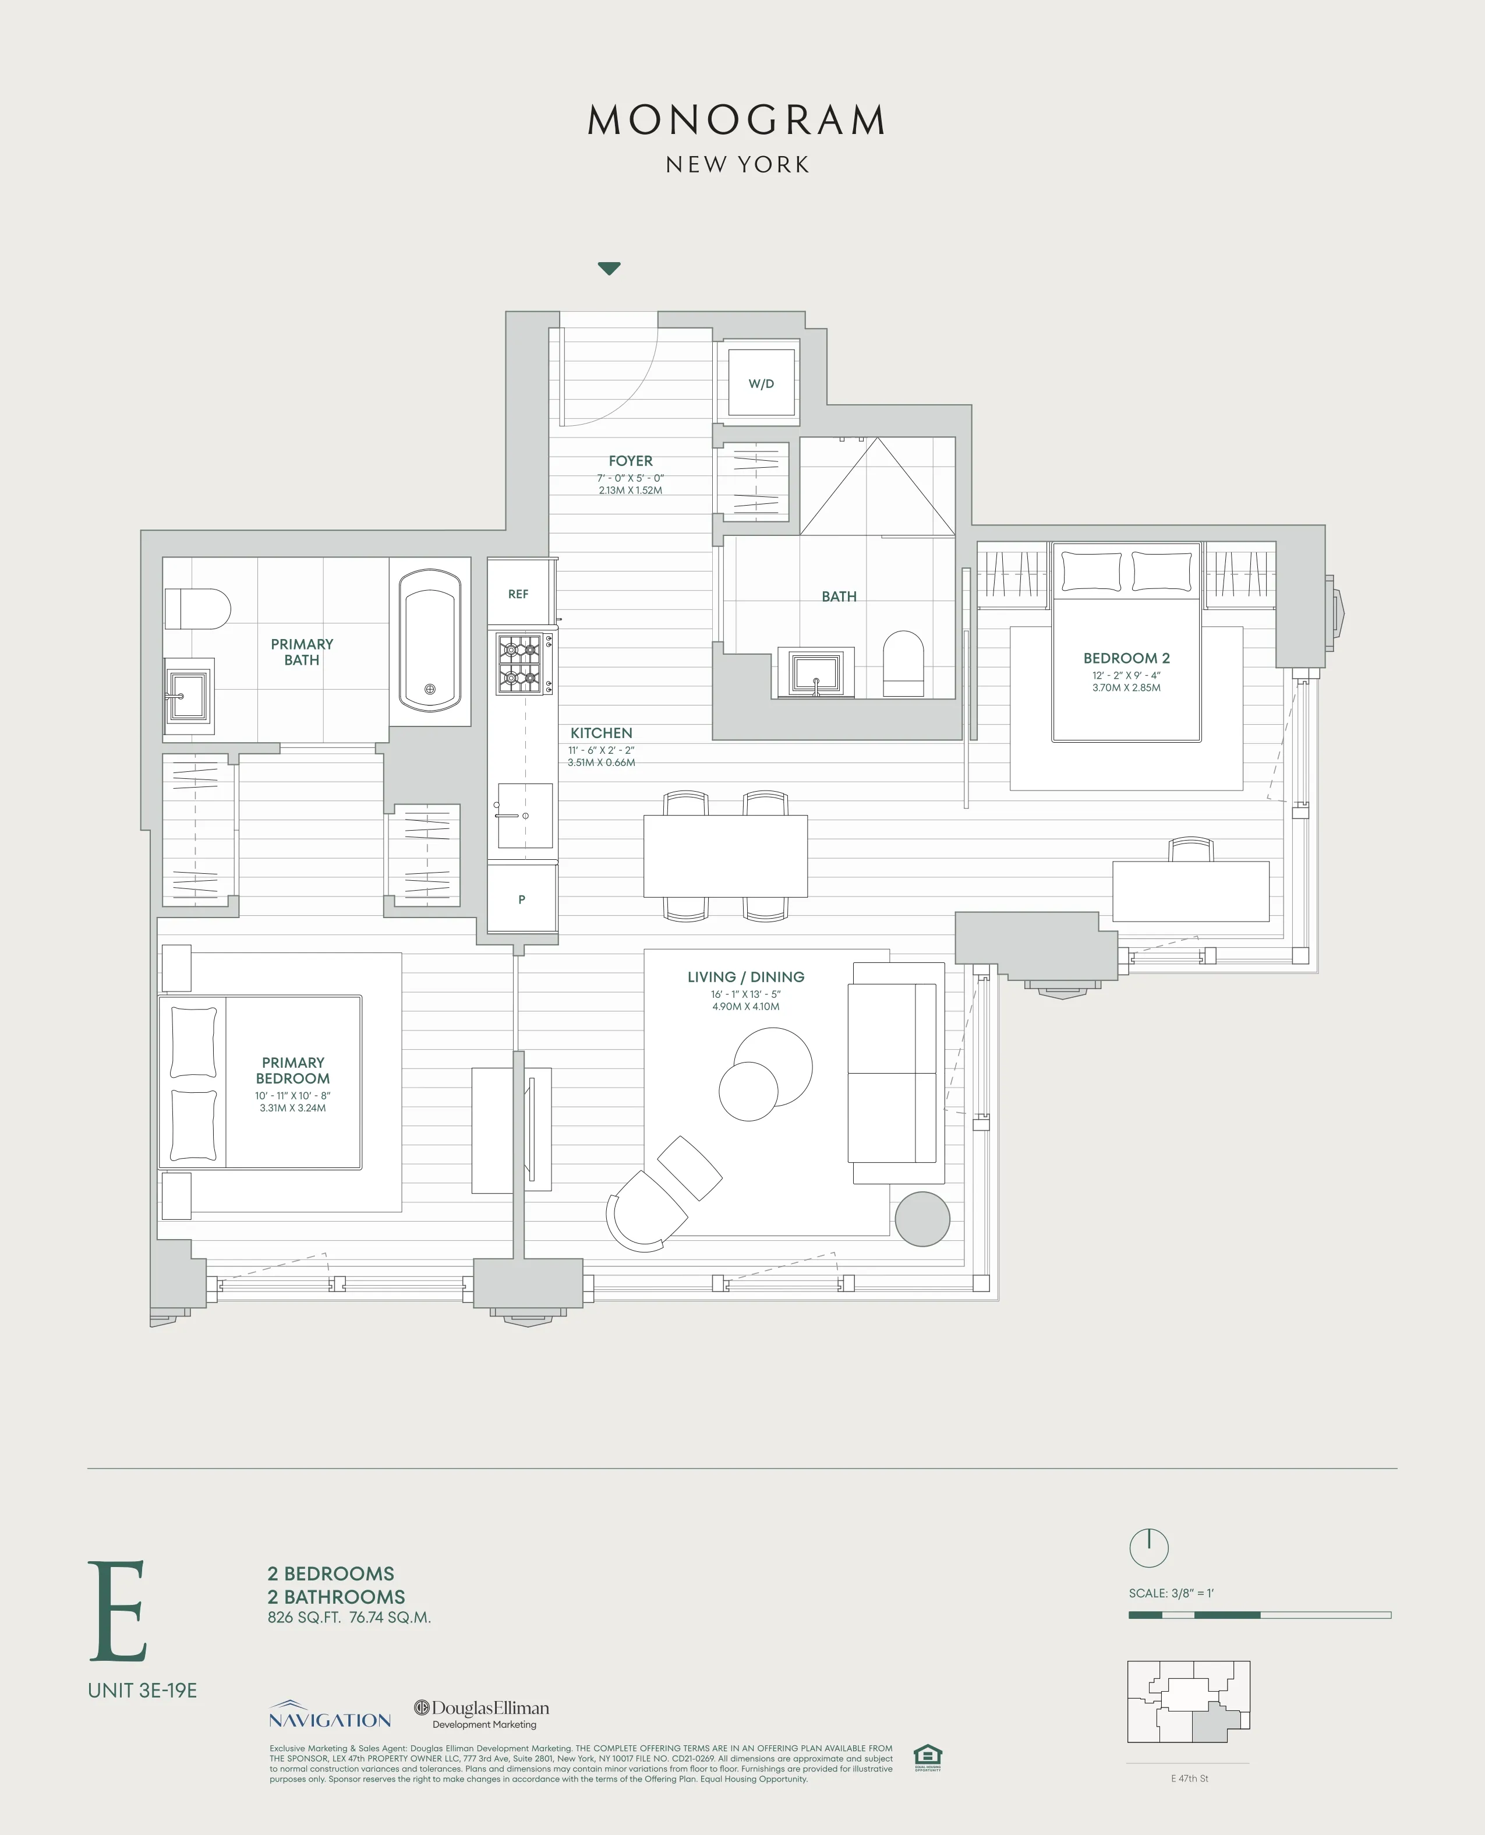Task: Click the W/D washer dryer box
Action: point(761,383)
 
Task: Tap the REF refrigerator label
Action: point(518,594)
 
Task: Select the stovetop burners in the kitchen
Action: point(520,664)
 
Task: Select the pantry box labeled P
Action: point(522,899)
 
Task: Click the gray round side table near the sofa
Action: point(922,1218)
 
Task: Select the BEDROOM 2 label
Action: point(1126,658)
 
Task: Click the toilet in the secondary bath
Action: point(903,663)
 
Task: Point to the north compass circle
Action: point(1149,1547)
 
